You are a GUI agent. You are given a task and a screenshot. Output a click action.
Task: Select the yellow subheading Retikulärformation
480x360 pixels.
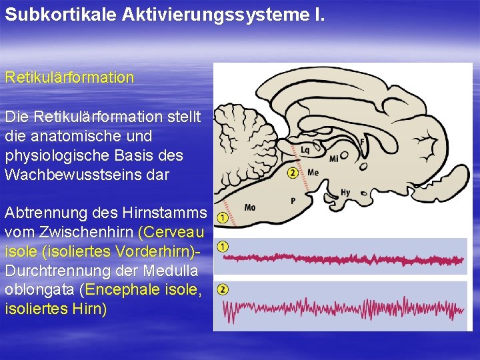click(69, 77)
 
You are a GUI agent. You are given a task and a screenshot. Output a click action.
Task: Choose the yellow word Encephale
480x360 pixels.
click(127, 291)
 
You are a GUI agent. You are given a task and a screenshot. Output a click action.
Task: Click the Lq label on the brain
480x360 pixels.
click(305, 150)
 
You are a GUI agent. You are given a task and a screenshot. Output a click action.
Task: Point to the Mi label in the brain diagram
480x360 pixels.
click(334, 159)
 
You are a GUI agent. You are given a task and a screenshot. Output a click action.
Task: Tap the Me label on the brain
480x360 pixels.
click(313, 172)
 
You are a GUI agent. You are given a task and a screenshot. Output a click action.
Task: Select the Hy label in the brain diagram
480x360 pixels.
click(345, 193)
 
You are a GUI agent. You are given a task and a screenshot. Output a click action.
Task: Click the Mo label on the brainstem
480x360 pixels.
click(250, 207)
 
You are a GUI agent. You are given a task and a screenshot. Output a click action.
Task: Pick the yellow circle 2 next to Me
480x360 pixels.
click(293, 173)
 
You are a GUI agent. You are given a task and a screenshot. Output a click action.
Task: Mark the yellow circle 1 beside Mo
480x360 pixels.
click(223, 217)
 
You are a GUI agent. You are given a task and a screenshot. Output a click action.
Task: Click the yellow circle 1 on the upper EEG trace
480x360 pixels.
click(223, 247)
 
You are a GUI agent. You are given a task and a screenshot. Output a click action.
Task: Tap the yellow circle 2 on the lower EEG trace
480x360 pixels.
click(223, 289)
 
